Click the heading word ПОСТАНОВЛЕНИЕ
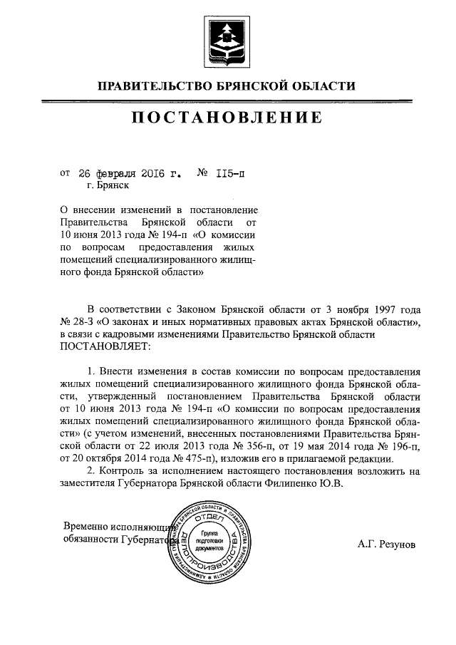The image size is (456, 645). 227,116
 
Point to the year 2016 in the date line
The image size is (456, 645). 152,172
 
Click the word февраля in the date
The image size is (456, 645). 113,172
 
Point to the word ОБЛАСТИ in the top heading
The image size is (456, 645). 321,87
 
